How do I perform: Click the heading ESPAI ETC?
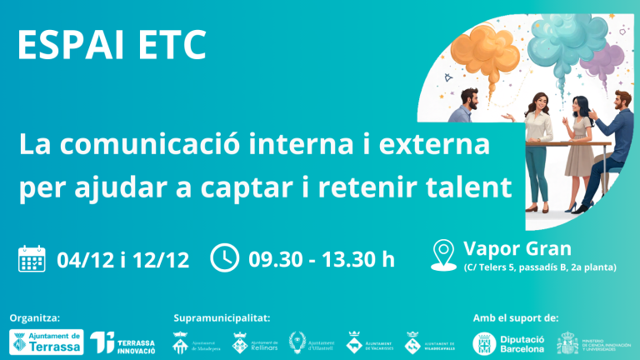coord(112,46)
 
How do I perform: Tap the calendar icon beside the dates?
coord(32,258)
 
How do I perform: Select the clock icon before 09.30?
coord(224,257)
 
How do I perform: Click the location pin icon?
coord(445,253)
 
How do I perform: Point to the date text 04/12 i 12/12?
coord(122,259)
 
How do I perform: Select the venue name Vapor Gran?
coord(517,248)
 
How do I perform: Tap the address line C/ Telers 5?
coord(539,267)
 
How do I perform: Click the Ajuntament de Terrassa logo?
coord(47,342)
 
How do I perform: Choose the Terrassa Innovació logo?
coord(123,342)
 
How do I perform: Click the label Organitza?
coord(34,317)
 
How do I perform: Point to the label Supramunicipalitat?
coord(222,317)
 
